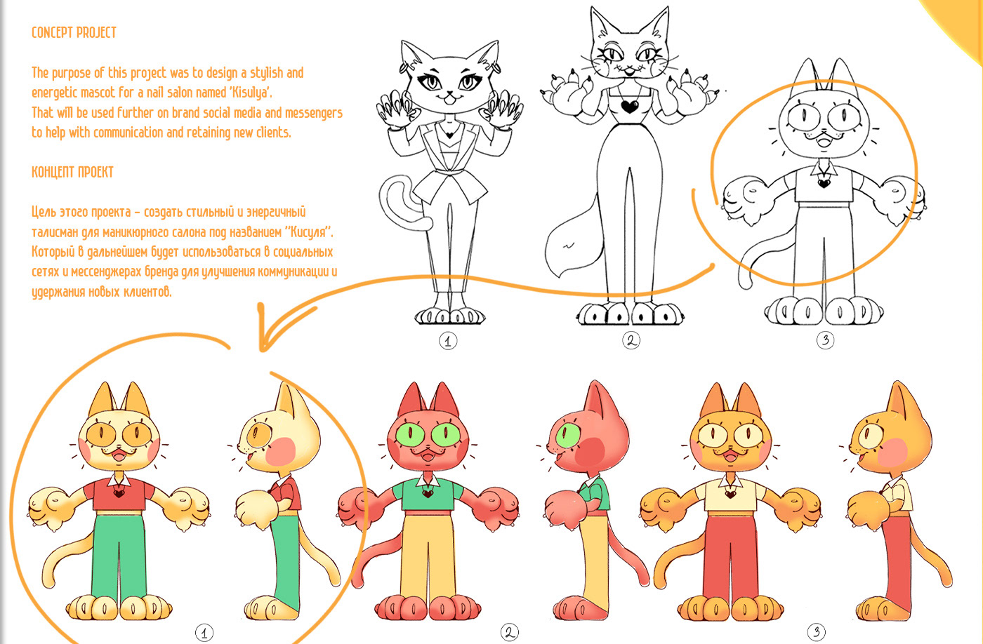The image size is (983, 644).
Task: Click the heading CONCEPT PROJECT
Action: (x=74, y=32)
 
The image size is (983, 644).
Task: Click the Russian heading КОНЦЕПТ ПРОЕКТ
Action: (x=72, y=172)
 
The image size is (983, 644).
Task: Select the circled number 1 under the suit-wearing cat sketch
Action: (x=448, y=341)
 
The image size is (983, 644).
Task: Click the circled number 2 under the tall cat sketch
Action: (x=631, y=340)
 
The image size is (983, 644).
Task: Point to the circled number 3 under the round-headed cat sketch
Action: (x=825, y=340)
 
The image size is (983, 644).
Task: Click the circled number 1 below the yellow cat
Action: (x=204, y=633)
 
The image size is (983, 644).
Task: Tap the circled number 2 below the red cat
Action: (x=509, y=632)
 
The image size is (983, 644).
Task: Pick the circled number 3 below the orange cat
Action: (x=816, y=632)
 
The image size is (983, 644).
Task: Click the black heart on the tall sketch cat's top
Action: (x=630, y=107)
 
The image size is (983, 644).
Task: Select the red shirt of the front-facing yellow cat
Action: (x=119, y=495)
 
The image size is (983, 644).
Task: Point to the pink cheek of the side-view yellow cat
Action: (x=281, y=452)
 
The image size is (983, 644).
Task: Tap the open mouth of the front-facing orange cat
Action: (x=730, y=457)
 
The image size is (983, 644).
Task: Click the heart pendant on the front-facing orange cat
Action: (x=730, y=494)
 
